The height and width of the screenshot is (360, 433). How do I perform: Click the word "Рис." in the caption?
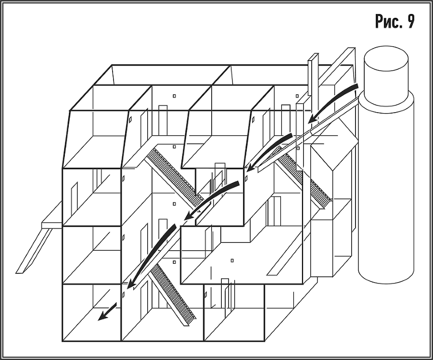point(387,22)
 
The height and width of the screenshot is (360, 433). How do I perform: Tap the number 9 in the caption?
point(410,22)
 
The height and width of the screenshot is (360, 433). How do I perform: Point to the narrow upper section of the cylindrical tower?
point(386,79)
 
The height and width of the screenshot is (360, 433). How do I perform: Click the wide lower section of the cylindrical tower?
point(386,188)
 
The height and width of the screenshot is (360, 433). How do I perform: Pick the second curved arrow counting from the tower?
point(269,152)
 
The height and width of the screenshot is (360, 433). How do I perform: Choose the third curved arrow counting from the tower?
point(211,200)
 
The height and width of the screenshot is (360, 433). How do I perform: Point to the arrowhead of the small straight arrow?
point(102,317)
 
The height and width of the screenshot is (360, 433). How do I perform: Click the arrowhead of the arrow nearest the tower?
point(313,119)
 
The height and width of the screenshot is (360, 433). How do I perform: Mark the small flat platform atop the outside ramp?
point(51,225)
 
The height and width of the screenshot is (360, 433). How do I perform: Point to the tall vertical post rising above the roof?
point(313,74)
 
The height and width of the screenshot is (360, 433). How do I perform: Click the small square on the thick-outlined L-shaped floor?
point(232,260)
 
